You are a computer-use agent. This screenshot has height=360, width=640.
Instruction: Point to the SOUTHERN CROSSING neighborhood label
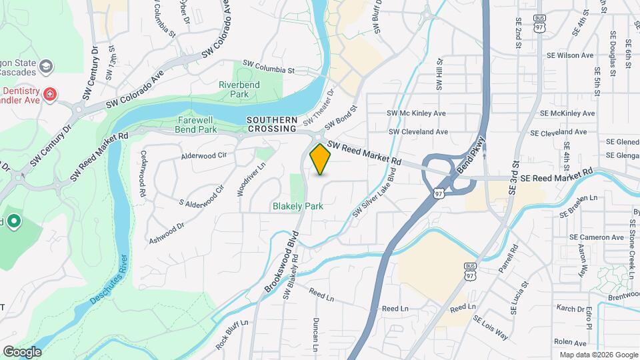271,125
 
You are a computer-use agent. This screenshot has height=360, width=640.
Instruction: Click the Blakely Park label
298,206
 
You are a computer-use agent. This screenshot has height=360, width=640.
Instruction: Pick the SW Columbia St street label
269,69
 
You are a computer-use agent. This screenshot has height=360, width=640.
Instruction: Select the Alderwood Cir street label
204,156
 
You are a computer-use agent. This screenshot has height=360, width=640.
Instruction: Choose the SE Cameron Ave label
596,237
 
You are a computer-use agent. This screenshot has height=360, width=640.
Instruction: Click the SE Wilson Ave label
569,56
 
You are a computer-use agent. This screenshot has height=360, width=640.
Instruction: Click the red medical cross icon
49,95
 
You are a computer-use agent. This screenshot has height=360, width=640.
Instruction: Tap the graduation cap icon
46,66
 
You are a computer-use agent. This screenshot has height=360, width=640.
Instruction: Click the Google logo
22,351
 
